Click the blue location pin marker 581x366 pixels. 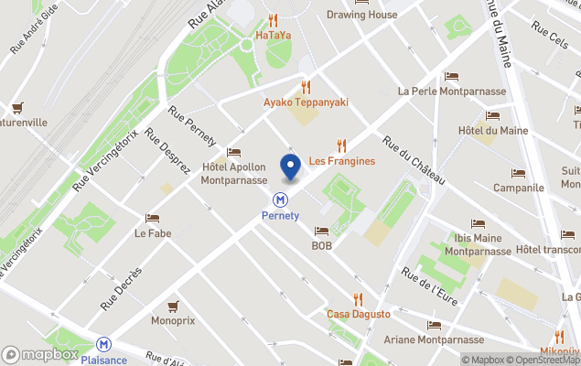click(291, 168)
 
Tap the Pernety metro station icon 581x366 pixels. click(281, 199)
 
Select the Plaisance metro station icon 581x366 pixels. click(104, 344)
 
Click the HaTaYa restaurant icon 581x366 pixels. click(273, 20)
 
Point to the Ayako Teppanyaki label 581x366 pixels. click(307, 102)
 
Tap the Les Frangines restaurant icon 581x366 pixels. click(341, 145)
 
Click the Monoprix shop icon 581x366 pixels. click(172, 306)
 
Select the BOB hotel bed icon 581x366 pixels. click(321, 231)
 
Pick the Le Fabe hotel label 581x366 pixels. click(153, 233)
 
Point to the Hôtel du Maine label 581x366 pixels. click(492, 130)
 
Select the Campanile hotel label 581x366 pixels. click(518, 188)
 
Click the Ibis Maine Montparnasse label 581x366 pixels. click(477, 244)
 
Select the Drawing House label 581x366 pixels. click(361, 15)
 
